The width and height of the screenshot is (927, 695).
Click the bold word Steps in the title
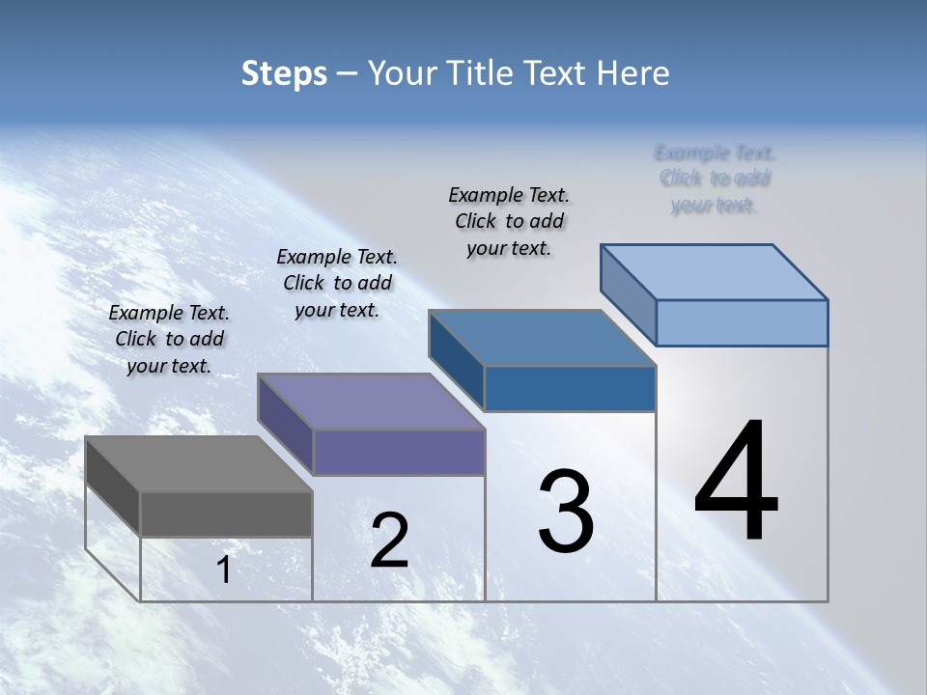tap(284, 74)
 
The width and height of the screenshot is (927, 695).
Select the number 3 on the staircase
tap(566, 511)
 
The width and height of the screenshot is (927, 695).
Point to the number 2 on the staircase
tap(390, 540)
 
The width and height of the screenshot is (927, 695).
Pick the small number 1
tap(224, 570)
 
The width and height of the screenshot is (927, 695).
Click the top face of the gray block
tap(198, 463)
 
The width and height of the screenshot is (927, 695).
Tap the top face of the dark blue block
tap(542, 338)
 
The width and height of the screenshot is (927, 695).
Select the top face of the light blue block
tap(714, 271)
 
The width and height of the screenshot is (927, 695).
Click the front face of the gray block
tap(226, 514)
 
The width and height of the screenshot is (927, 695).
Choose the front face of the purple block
tap(399, 452)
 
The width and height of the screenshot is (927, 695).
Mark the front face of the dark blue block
tap(570, 388)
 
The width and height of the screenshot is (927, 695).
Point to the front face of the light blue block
tap(742, 322)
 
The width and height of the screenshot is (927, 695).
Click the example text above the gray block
tap(169, 339)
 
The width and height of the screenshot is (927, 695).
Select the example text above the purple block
tap(337, 283)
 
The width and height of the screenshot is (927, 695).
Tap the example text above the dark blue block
tap(509, 221)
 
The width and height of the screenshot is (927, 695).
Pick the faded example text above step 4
tap(715, 179)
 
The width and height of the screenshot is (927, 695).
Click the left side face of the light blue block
tap(628, 294)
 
